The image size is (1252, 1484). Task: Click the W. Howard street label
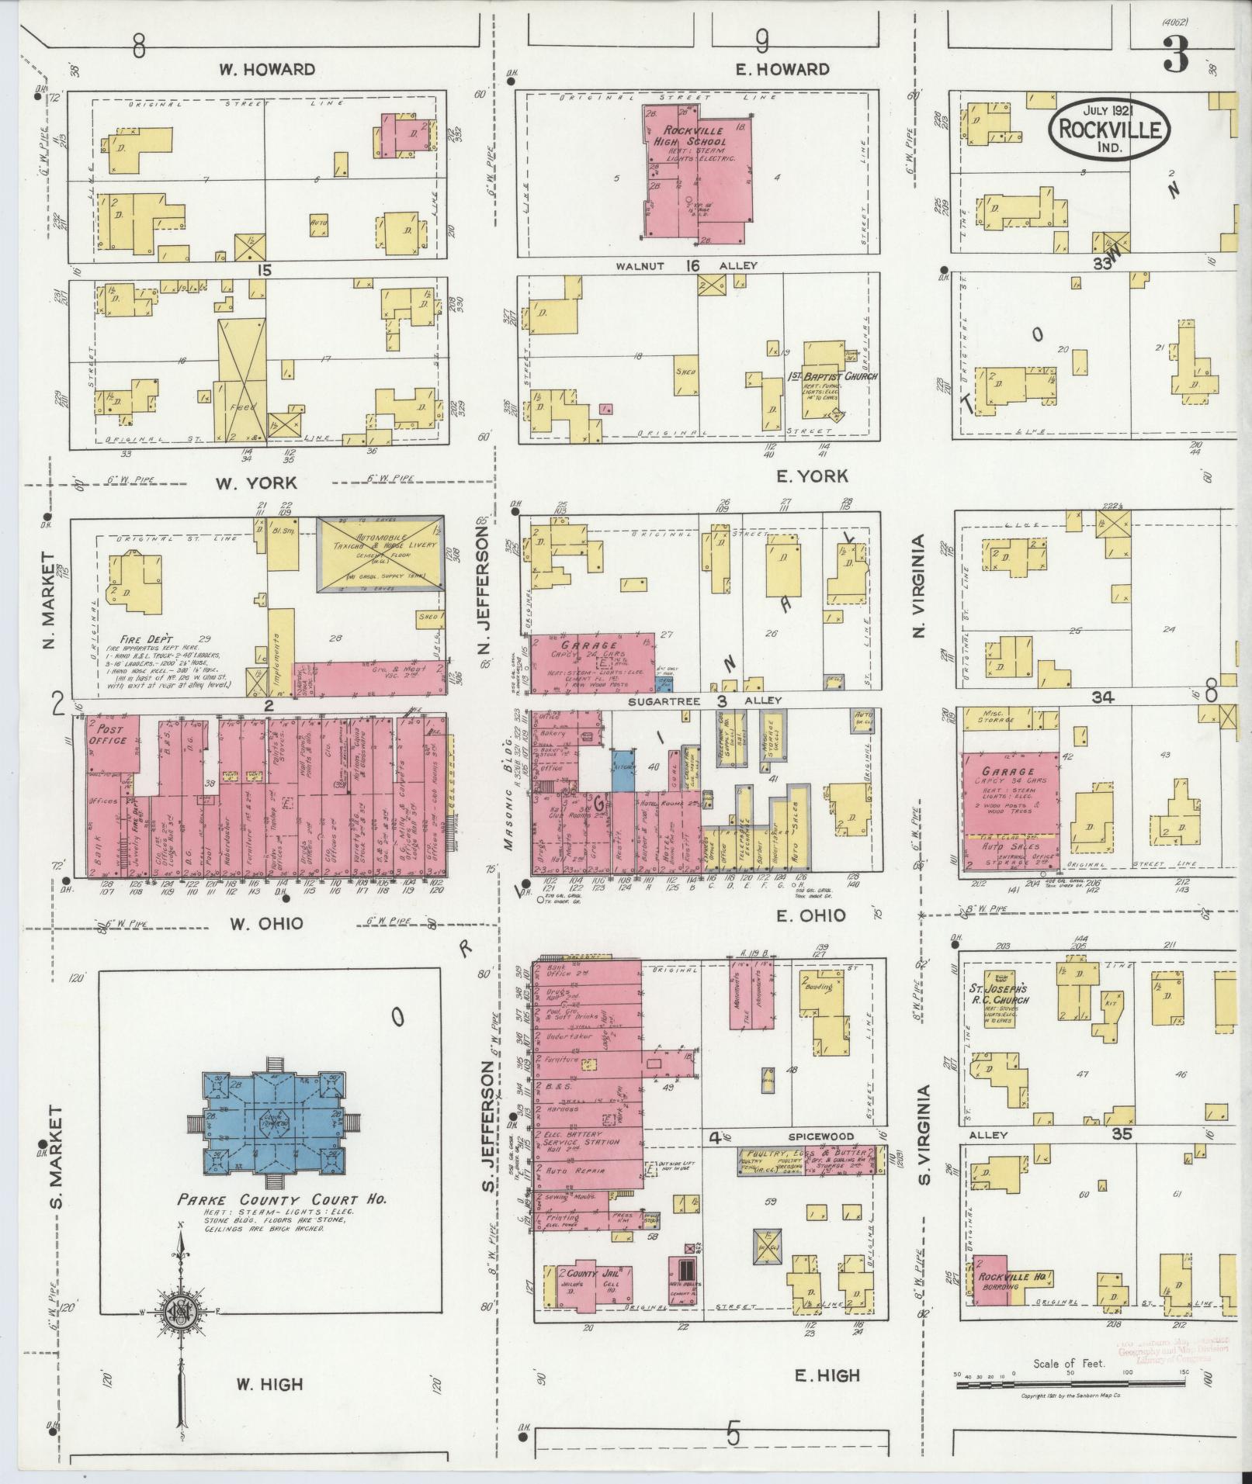tap(266, 69)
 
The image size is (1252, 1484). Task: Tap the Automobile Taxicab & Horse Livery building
tap(380, 555)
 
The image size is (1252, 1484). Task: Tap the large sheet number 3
tap(1176, 55)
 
